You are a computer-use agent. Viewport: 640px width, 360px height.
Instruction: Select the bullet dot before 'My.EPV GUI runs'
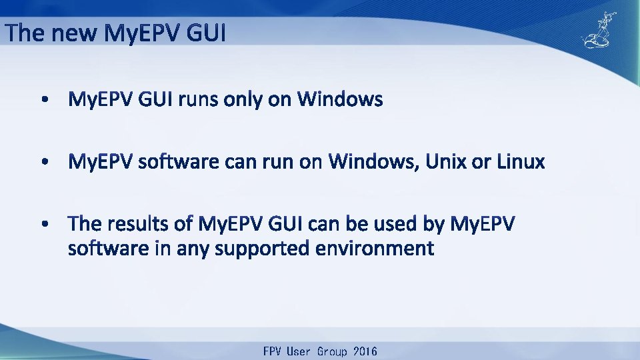pyautogui.click(x=44, y=101)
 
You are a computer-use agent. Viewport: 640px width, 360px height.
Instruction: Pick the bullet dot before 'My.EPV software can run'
pyautogui.click(x=44, y=163)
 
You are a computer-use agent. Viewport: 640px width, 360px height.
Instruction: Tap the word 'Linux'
pyautogui.click(x=521, y=162)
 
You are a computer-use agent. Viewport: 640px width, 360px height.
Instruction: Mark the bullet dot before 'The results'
pyautogui.click(x=44, y=225)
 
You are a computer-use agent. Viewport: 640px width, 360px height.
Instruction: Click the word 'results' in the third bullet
pyautogui.click(x=142, y=224)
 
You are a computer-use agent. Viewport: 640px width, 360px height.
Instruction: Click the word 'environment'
pyautogui.click(x=375, y=249)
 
